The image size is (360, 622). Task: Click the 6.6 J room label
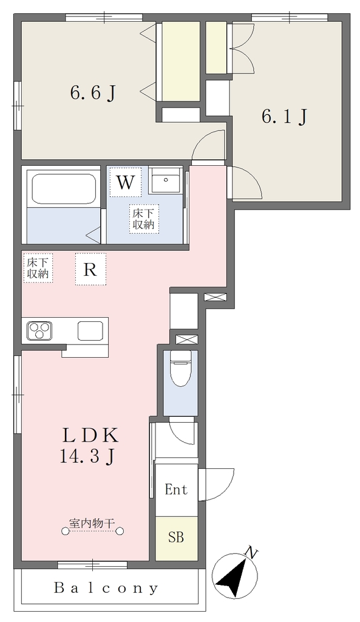[x=93, y=94]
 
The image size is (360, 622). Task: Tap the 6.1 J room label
[x=284, y=116]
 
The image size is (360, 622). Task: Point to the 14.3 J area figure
[x=87, y=456]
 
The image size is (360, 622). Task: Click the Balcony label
[x=106, y=588]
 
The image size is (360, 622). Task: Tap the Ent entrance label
[x=176, y=490]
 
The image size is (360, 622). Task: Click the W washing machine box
[x=125, y=182]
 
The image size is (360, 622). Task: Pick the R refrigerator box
[x=91, y=269]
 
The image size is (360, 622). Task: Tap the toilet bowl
[x=180, y=371]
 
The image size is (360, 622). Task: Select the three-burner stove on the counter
[x=39, y=330]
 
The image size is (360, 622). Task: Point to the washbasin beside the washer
[x=167, y=180]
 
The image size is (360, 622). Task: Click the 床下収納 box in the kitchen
[x=38, y=268]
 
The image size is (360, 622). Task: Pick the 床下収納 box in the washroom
[x=143, y=218]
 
